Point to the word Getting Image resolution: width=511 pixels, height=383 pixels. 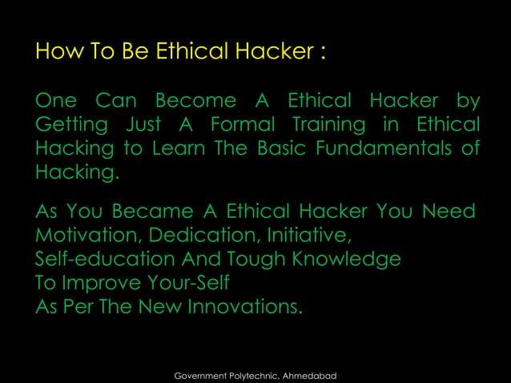68,127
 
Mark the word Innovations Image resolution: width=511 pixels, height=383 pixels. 244,307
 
